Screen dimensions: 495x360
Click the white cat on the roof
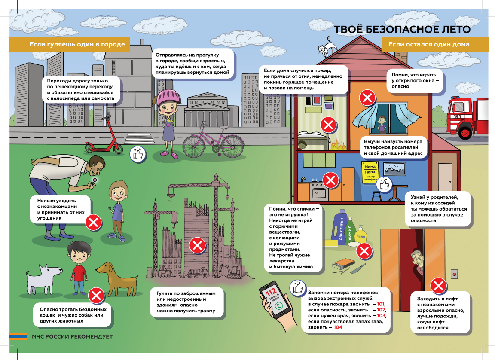pos(327,47)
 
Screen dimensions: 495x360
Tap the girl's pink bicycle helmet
pos(168,97)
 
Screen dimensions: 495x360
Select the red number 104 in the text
pos(338,327)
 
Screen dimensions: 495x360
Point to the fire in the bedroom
pos(339,144)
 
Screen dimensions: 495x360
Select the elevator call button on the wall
pos(454,274)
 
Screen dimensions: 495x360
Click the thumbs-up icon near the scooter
pos(138,154)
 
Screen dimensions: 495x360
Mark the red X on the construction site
pos(197,245)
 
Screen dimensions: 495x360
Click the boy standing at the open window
pos(382,124)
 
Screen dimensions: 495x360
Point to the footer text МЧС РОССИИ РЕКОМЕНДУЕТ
pos(72,336)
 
